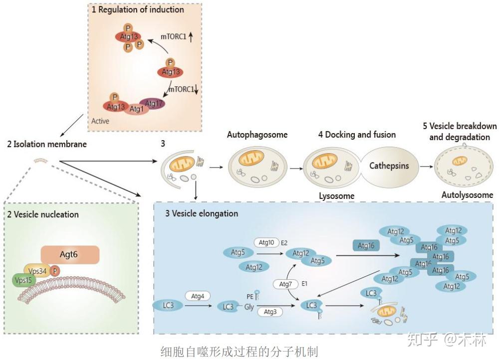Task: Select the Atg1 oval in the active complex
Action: (x=136, y=109)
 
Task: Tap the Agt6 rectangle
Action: (x=70, y=255)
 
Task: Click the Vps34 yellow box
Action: (x=38, y=271)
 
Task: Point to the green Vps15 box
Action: (x=23, y=280)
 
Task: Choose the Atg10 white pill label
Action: (x=267, y=243)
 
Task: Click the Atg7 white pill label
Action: (x=285, y=284)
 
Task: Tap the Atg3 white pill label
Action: (x=270, y=312)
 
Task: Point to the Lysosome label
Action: (x=337, y=196)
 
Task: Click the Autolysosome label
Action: (x=467, y=195)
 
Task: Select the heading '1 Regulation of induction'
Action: (x=138, y=9)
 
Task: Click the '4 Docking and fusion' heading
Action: (x=357, y=135)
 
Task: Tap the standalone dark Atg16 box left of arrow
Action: (x=366, y=245)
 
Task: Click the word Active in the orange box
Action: (x=100, y=121)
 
